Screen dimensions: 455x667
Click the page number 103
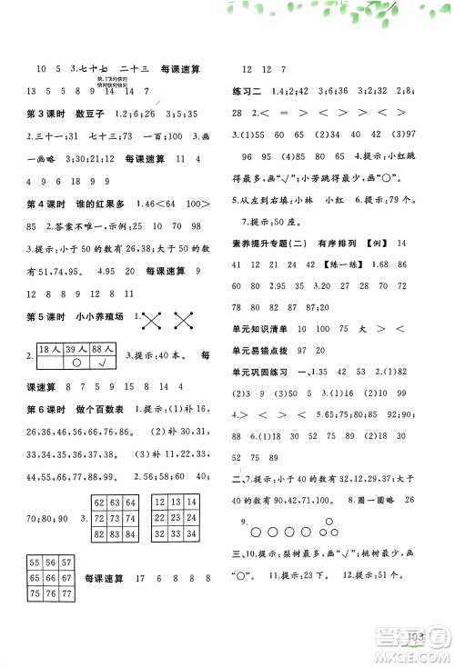[x=420, y=635]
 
